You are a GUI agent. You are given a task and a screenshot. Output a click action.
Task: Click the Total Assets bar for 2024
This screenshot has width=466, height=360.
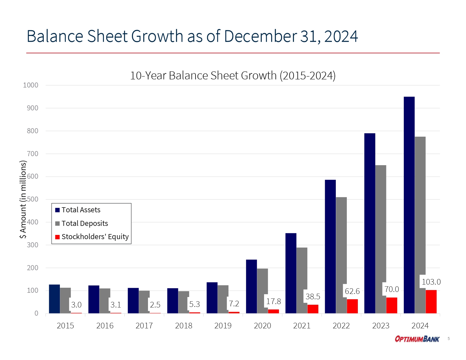[409, 205]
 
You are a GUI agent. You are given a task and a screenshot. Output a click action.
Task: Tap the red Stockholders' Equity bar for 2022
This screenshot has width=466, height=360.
[352, 306]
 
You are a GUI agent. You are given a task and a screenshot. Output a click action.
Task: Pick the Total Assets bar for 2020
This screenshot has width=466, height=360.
[251, 286]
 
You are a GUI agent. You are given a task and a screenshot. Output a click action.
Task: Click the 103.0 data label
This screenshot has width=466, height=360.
[431, 282]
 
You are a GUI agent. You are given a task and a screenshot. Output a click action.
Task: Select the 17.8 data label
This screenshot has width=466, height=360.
[273, 302]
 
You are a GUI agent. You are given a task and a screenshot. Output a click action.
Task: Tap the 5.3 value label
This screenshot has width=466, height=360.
[194, 304]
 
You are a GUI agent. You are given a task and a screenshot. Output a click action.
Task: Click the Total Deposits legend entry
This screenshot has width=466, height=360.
[85, 223]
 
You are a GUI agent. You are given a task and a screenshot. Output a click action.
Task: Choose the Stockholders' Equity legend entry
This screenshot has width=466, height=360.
[95, 237]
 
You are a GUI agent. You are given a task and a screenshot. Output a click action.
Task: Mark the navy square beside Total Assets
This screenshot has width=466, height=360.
[58, 210]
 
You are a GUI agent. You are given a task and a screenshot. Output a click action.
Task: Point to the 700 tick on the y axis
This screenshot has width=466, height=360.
[32, 154]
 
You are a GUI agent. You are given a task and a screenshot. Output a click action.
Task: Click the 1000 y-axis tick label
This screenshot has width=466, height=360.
[31, 85]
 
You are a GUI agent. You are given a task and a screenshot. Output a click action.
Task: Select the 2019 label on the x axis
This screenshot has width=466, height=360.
[223, 326]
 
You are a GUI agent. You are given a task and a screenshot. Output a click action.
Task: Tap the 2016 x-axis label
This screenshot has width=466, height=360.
[105, 326]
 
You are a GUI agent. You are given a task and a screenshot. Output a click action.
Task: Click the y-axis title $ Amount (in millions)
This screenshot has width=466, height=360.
[23, 199]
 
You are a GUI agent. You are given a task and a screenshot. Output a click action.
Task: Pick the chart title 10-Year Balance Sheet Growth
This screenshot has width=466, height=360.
[233, 76]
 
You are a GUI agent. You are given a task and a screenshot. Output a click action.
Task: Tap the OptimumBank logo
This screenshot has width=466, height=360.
[417, 339]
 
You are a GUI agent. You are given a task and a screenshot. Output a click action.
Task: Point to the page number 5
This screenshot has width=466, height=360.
[448, 339]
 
